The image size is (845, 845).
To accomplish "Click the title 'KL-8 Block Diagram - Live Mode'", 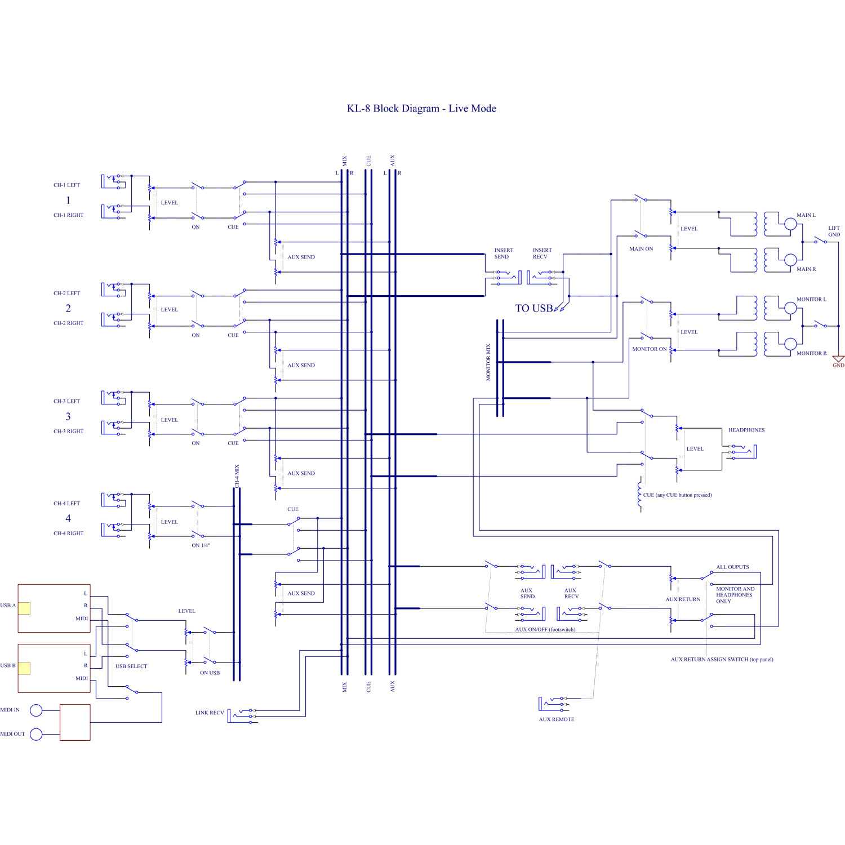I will pyautogui.click(x=421, y=109).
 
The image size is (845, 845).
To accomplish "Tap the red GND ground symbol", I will pyautogui.click(x=838, y=359).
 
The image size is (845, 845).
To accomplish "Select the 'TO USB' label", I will pyautogui.click(x=533, y=308).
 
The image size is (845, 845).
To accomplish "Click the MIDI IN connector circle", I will pyautogui.click(x=36, y=710).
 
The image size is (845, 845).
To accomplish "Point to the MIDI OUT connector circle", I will pyautogui.click(x=36, y=734).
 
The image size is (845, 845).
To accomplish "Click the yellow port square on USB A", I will pyautogui.click(x=24, y=608).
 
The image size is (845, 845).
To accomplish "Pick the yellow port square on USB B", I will pyautogui.click(x=24, y=668).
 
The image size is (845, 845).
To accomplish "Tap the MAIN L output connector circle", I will pyautogui.click(x=790, y=224).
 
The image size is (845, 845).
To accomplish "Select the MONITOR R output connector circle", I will pyautogui.click(x=790, y=344).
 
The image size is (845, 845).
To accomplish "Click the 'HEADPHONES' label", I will pyautogui.click(x=746, y=430).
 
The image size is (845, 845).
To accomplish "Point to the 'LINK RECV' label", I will pyautogui.click(x=210, y=713).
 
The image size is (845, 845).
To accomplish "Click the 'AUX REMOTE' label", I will pyautogui.click(x=556, y=719).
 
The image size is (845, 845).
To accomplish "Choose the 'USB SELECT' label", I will pyautogui.click(x=131, y=666).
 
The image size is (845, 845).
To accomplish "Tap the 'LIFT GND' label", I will pyautogui.click(x=834, y=232).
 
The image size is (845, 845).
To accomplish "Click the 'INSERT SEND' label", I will pyautogui.click(x=503, y=253).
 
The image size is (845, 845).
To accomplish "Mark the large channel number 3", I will pyautogui.click(x=68, y=416).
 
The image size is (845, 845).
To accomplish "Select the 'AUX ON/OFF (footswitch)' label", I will pyautogui.click(x=545, y=629).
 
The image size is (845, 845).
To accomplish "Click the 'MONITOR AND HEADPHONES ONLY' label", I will pyautogui.click(x=735, y=595).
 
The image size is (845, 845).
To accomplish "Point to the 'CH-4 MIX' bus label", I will pyautogui.click(x=237, y=476).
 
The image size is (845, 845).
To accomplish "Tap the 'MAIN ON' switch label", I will pyautogui.click(x=641, y=249).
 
